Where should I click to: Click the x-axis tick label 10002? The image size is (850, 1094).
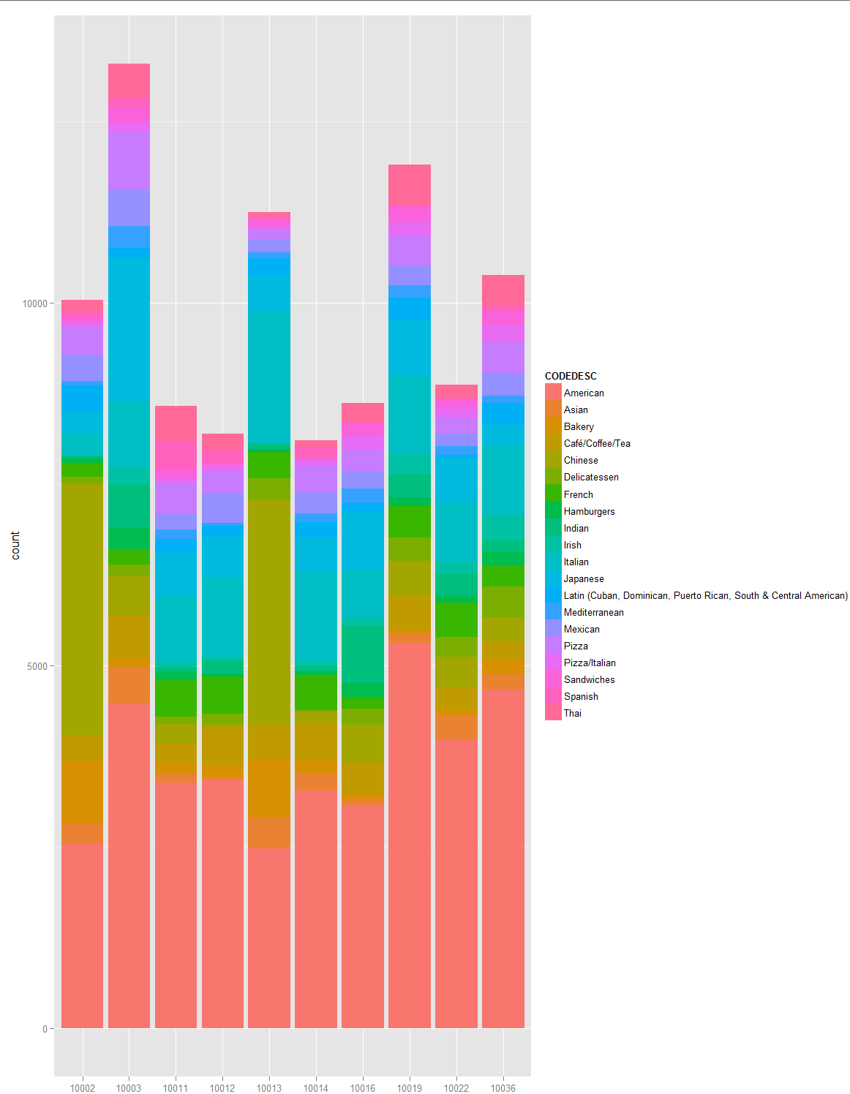coord(82,1087)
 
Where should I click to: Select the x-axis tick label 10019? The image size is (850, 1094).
coord(409,1087)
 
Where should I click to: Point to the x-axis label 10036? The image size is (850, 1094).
coord(503,1087)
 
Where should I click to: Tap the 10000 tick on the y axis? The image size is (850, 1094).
coord(34,303)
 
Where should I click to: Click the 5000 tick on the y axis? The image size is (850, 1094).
coord(37,666)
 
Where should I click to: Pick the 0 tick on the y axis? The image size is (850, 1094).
coord(45,1029)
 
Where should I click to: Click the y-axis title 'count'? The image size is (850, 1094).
coord(15,546)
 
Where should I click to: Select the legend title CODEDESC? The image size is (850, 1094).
coord(571,376)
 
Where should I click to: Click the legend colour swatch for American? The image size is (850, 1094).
coord(553,393)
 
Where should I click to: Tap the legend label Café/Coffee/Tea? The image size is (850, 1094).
coord(597,443)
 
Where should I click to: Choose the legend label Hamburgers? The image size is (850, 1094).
coord(589,511)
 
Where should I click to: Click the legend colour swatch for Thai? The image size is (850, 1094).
coord(553,713)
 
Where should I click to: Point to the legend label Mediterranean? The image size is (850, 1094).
coord(593,612)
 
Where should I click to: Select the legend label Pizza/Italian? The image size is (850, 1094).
coord(590,663)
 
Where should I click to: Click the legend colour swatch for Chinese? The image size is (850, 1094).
coord(553,460)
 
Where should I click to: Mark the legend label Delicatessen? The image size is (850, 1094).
coord(591,477)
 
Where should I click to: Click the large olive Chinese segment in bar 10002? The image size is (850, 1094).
coord(82,607)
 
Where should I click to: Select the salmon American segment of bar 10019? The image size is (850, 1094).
coord(409,834)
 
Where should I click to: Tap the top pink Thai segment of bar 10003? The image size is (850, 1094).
coord(129,80)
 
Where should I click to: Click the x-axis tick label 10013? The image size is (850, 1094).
coord(269,1087)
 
